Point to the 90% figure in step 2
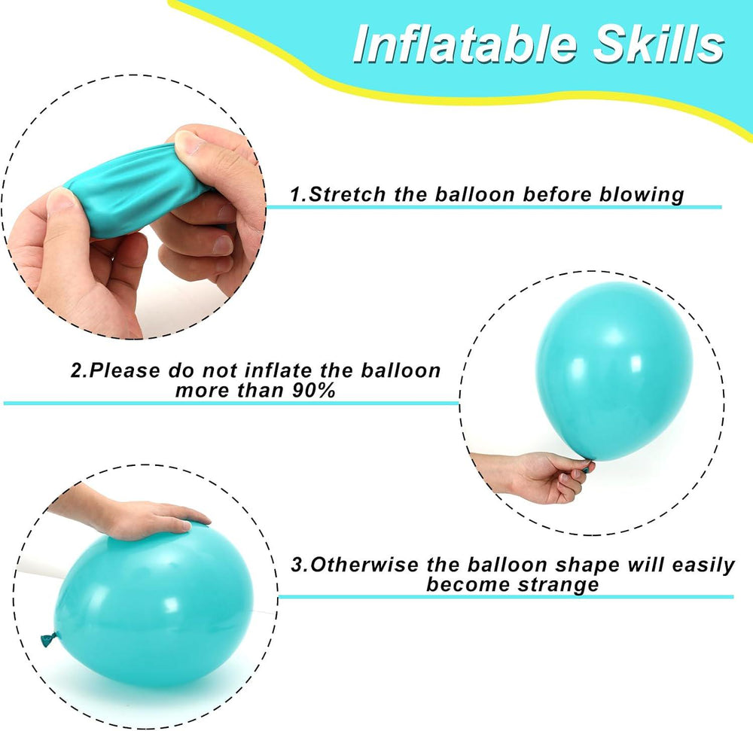pyautogui.click(x=313, y=391)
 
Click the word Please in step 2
pyautogui.click(x=126, y=370)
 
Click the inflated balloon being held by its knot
pyautogui.click(x=614, y=370)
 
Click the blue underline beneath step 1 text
pyautogui.click(x=494, y=207)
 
